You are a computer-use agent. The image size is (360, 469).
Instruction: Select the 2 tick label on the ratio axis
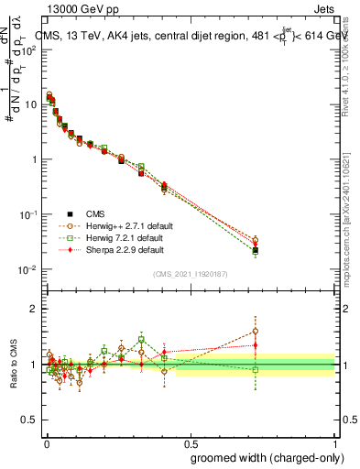[35, 310]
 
